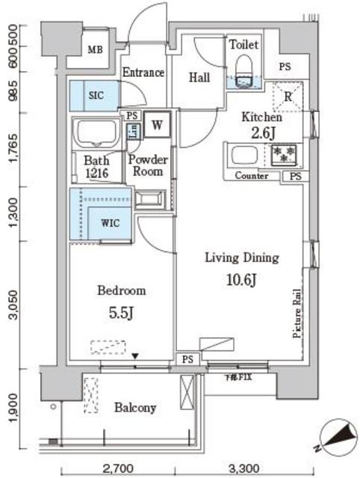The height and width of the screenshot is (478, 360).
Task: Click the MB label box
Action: click(x=95, y=51)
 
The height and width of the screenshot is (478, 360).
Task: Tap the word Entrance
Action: click(x=143, y=72)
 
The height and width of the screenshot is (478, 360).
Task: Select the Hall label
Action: click(x=199, y=77)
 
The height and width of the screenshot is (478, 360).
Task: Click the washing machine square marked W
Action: click(x=158, y=125)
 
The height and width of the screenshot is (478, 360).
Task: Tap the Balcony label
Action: click(x=135, y=408)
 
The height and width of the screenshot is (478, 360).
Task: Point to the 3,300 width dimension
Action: click(x=243, y=469)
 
